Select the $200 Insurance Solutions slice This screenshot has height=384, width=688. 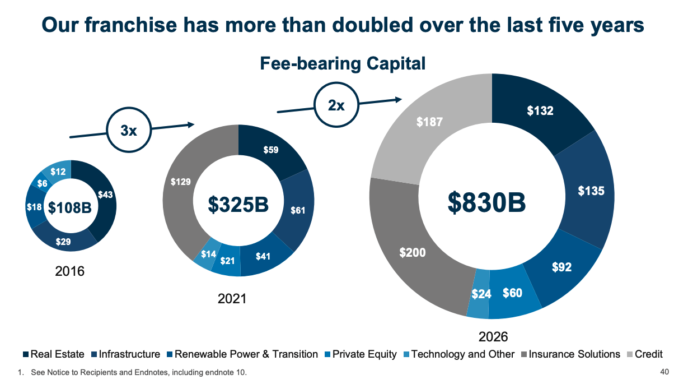click(413, 252)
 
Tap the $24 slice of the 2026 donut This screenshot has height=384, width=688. click(480, 294)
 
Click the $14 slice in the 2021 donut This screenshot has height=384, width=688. click(208, 254)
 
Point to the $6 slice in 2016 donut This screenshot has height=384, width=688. click(42, 183)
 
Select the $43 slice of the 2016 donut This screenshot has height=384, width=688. click(105, 195)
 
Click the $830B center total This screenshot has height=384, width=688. click(486, 202)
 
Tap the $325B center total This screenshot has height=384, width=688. click(238, 205)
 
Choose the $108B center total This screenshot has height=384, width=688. click(69, 208)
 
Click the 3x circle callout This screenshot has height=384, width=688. click(129, 131)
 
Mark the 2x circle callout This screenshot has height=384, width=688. click(336, 105)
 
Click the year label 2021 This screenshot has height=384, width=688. click(232, 299)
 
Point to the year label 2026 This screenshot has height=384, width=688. click(493, 337)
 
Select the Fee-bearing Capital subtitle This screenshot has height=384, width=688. click(343, 64)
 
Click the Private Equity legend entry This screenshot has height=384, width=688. click(364, 354)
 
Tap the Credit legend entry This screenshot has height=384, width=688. click(648, 354)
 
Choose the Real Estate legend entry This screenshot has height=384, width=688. click(57, 354)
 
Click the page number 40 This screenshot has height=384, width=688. click(664, 372)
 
